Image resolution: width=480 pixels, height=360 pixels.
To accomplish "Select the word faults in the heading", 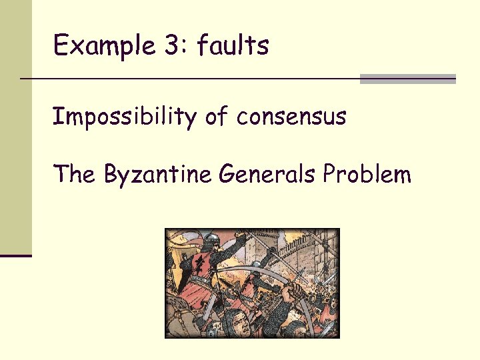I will pyautogui.click(x=233, y=45).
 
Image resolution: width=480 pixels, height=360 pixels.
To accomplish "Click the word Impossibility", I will pyautogui.click(x=124, y=117).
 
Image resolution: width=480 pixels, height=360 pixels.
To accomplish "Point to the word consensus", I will pyautogui.click(x=291, y=117).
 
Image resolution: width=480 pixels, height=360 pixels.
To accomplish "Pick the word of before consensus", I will pyautogui.click(x=216, y=117).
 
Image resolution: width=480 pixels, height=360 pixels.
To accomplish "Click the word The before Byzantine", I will pyautogui.click(x=75, y=175).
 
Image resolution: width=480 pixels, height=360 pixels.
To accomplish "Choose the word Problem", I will pyautogui.click(x=367, y=175).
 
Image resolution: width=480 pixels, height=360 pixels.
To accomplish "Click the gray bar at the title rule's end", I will pyautogui.click(x=407, y=79).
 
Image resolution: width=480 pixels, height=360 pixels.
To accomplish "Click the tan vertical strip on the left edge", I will pyautogui.click(x=15, y=127).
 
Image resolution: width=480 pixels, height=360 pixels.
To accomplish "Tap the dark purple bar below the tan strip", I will pyautogui.click(x=15, y=255).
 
